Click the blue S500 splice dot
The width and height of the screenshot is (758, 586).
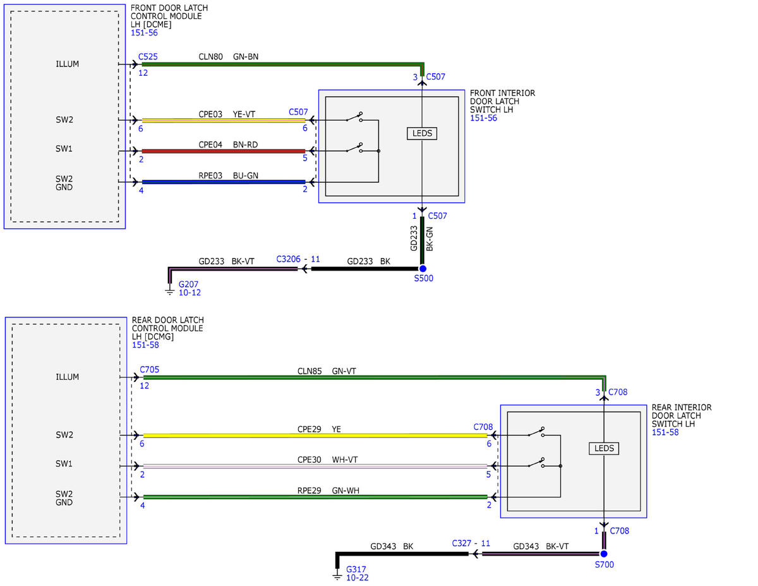(x=423, y=269)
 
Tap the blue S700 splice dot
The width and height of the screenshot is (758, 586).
(x=604, y=554)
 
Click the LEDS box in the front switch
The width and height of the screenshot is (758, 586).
(x=422, y=133)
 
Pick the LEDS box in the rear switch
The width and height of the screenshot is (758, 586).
(x=604, y=448)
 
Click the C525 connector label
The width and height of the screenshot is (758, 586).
(x=148, y=56)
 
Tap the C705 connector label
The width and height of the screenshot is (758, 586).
(x=149, y=370)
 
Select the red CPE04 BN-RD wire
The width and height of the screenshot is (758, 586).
(x=224, y=151)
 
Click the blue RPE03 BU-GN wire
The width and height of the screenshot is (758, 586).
(x=224, y=182)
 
